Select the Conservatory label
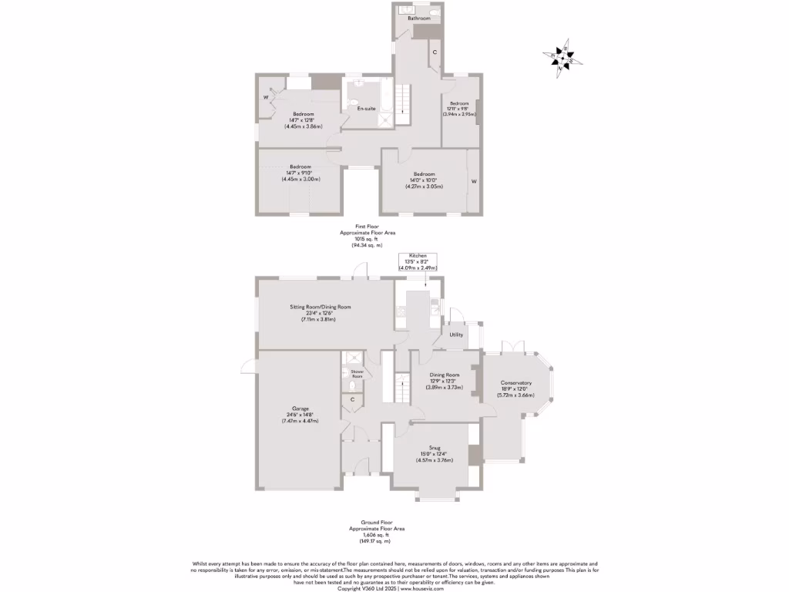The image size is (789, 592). [515, 388]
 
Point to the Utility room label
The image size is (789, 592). [456, 335]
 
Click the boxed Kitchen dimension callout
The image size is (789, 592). [418, 261]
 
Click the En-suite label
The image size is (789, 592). [366, 109]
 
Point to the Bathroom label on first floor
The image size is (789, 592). [418, 17]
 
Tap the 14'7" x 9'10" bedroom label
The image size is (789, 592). [300, 173]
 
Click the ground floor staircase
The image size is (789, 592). [400, 385]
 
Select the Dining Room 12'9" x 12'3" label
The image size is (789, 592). [445, 381]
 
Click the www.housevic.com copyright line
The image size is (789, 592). [394, 587]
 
